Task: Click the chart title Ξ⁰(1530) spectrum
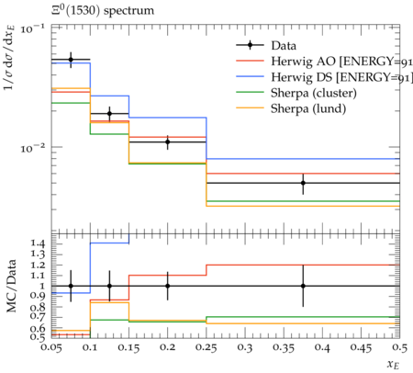click(103, 11)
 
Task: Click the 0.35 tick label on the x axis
click(284, 348)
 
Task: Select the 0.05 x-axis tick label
click(51, 348)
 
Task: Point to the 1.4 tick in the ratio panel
click(38, 243)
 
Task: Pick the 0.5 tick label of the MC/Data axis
click(38, 337)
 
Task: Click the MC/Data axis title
click(11, 286)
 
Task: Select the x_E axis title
click(393, 364)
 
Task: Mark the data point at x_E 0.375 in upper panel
click(303, 183)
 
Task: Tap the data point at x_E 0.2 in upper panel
click(167, 141)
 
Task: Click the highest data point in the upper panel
click(71, 60)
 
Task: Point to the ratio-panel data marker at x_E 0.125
click(109, 286)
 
